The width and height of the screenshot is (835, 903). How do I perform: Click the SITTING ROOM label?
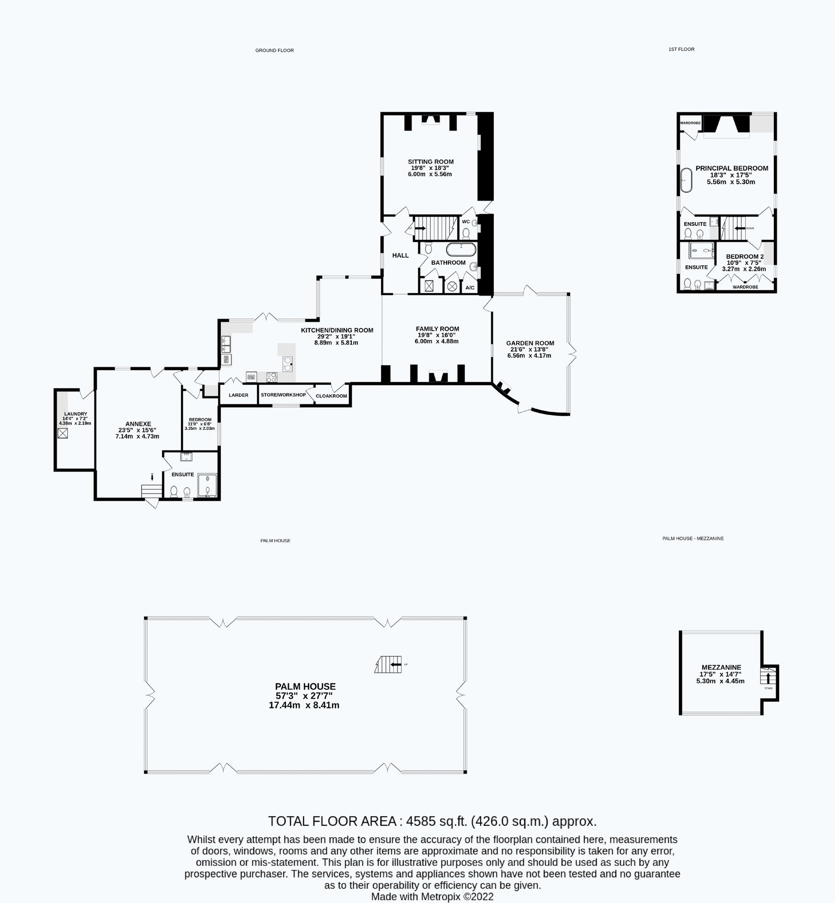431,162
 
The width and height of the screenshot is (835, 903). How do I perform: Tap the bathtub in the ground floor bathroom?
461,249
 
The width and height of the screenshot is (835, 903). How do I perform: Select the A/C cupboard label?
470,287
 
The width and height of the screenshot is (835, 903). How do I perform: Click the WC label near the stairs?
466,221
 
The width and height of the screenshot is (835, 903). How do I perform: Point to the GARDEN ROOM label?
530,343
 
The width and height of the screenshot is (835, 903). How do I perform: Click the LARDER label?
238,395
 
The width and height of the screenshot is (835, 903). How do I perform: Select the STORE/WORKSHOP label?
283,395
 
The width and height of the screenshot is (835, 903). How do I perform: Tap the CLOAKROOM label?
331,396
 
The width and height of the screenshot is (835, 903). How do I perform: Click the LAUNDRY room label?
75,414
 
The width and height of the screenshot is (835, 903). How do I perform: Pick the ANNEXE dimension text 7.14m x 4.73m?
137,436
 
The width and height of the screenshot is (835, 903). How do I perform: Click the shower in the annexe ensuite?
208,485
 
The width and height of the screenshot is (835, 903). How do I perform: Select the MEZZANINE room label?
721,667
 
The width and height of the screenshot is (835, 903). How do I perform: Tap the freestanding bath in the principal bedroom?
686,180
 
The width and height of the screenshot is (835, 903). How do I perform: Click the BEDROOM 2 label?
745,256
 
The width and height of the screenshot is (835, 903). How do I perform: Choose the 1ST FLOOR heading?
681,49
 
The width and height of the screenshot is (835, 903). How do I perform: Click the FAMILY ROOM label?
437,329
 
